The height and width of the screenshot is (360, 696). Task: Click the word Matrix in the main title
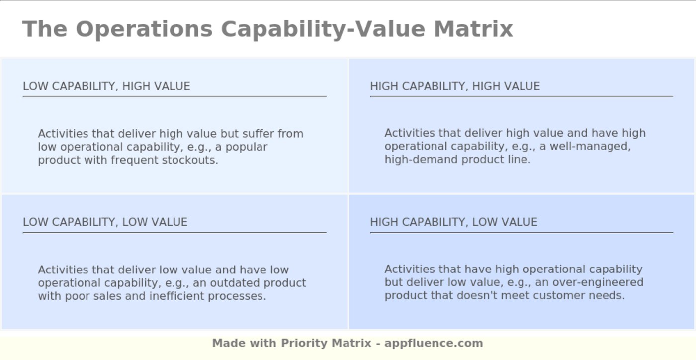tap(473, 29)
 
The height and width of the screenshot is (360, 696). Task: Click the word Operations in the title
tap(144, 29)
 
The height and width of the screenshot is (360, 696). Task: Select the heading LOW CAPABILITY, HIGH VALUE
tap(106, 86)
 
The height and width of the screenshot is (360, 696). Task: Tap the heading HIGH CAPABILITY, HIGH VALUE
tap(455, 86)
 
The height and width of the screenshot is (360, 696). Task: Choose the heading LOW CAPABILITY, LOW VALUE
tap(105, 222)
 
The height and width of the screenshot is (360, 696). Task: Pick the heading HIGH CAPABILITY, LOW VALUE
tap(453, 222)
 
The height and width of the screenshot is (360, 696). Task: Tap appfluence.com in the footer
tap(434, 343)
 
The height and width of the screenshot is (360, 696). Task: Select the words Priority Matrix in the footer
tap(326, 343)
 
